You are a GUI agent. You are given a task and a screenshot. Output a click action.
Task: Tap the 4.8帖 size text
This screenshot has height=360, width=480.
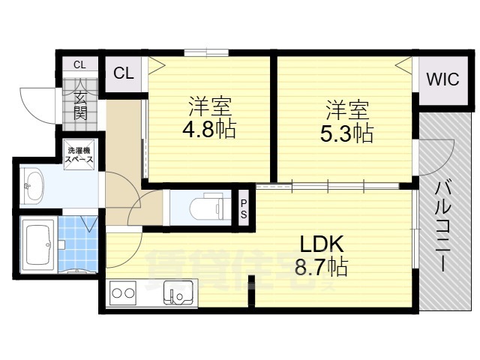[x=209, y=129]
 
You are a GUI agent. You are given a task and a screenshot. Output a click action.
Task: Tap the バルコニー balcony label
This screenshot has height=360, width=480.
[x=442, y=225]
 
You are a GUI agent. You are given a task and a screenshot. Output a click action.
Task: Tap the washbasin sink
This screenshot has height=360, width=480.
[x=34, y=185]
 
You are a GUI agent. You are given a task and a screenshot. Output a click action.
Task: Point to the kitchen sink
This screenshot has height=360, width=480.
[x=178, y=291]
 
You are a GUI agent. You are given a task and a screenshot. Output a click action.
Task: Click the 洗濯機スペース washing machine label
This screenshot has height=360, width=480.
[x=79, y=153]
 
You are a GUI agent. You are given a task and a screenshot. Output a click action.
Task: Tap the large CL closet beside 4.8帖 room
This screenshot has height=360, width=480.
[x=124, y=73]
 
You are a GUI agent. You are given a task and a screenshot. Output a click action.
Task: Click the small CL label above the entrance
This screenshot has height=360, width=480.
[x=79, y=63]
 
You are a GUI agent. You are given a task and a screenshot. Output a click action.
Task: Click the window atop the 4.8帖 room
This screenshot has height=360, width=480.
[x=206, y=52]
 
